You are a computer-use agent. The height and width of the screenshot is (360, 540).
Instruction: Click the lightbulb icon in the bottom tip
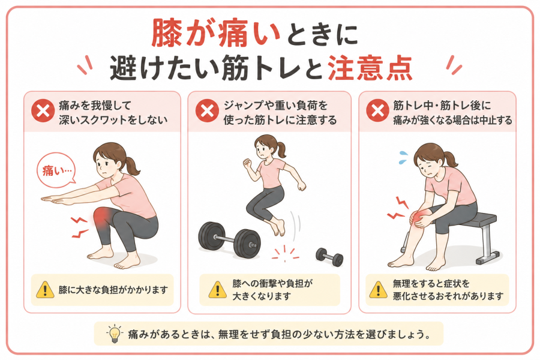[115, 334]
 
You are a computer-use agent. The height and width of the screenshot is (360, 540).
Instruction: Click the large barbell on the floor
[229, 239]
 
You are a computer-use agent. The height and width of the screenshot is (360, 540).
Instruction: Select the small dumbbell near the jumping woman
[329, 257]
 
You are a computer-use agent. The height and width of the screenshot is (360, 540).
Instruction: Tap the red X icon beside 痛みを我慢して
[43, 111]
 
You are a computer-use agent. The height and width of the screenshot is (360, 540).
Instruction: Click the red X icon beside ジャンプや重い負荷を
[207, 111]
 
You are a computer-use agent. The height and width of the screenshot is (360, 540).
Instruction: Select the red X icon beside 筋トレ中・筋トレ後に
[377, 111]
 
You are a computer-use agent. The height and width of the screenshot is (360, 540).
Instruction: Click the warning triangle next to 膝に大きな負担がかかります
[45, 290]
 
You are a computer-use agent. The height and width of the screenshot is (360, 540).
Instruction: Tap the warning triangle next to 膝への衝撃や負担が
[218, 290]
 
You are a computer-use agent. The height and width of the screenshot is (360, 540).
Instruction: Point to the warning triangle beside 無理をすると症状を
[378, 290]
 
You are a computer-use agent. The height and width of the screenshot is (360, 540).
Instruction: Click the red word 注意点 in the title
[370, 68]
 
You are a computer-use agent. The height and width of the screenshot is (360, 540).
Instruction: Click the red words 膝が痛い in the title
[215, 33]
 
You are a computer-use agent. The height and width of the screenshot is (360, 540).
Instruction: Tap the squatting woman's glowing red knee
[102, 217]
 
